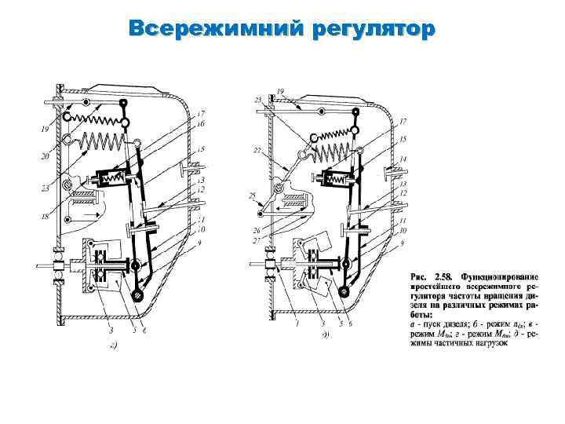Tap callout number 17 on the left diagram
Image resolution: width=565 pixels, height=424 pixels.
point(201,112)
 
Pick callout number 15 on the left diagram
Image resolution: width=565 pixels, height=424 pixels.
point(201,148)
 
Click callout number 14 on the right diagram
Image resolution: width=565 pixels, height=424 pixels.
point(403,159)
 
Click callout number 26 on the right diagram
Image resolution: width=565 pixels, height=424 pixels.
point(256,230)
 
